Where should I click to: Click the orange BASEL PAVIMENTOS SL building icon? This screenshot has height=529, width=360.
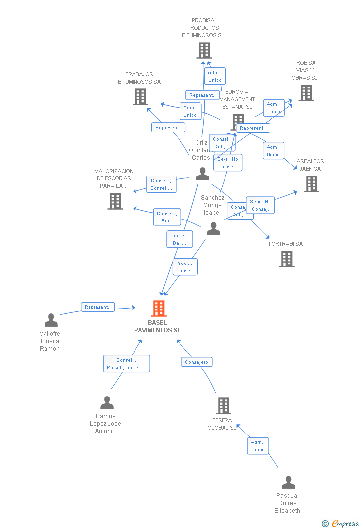[x=158, y=309]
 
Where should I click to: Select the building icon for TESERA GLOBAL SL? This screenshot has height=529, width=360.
[x=224, y=406]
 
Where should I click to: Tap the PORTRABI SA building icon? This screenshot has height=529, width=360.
[x=287, y=259]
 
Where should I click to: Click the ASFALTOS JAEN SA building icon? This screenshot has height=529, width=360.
[x=311, y=184]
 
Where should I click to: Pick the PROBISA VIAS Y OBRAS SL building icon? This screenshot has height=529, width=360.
[x=306, y=93]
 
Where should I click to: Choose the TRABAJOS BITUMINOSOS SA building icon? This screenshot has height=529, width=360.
[x=140, y=97]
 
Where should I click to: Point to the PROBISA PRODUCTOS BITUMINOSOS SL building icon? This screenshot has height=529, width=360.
[x=204, y=50]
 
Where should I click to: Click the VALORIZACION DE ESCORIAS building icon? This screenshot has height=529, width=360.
[x=115, y=201]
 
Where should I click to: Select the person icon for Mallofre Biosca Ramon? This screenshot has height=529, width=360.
[x=51, y=321]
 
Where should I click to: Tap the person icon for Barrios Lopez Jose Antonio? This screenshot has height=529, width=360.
[x=107, y=403]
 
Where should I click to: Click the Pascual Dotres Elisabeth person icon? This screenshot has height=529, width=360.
[x=288, y=483]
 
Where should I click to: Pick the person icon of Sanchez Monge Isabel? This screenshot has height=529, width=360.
[x=213, y=229]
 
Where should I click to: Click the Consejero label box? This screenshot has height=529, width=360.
[x=196, y=362]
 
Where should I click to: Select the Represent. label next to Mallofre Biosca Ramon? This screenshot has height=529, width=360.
[x=97, y=307]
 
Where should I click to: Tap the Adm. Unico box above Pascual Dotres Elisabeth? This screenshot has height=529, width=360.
[x=258, y=446]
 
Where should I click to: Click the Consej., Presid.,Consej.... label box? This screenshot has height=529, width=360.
[x=126, y=364]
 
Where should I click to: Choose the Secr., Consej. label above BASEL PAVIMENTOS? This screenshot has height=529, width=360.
[x=184, y=267]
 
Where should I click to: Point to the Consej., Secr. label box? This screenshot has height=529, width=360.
[x=167, y=217]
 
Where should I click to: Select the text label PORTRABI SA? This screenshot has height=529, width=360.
[x=285, y=244]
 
